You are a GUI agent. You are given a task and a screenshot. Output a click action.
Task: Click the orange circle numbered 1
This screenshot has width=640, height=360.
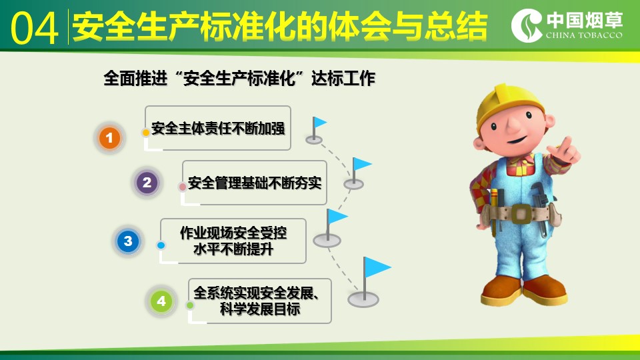pyautogui.click(x=109, y=137)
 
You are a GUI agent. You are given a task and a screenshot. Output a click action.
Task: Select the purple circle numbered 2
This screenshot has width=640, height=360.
pyautogui.click(x=147, y=182)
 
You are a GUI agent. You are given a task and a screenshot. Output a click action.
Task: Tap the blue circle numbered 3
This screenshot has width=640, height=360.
pyautogui.click(x=128, y=241)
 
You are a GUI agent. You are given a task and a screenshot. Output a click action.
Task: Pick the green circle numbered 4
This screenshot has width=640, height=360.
pyautogui.click(x=161, y=301)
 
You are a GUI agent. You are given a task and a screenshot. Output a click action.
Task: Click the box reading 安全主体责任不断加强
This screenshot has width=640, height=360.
pyautogui.click(x=218, y=128)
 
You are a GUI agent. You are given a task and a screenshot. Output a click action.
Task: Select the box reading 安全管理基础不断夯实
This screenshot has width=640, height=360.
pyautogui.click(x=254, y=183)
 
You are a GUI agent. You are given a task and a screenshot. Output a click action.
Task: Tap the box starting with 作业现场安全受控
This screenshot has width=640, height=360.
pyautogui.click(x=233, y=241)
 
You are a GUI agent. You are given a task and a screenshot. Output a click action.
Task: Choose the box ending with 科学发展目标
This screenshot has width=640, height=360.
pyautogui.click(x=259, y=301)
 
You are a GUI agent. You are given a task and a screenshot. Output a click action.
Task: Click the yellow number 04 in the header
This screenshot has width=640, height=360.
pyautogui.click(x=34, y=28)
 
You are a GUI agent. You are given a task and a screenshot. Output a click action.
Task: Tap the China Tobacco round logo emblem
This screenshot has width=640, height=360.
pyautogui.click(x=527, y=25)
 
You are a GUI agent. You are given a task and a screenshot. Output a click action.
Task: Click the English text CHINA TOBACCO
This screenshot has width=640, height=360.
pyautogui.click(x=584, y=35)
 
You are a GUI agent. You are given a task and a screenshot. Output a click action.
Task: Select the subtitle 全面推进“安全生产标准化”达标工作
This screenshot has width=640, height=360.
pyautogui.click(x=239, y=78)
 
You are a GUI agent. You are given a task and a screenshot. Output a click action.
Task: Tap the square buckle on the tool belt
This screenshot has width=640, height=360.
pyautogui.click(x=521, y=213)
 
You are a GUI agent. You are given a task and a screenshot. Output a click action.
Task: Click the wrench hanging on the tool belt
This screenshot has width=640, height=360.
pyautogui.click(x=539, y=208)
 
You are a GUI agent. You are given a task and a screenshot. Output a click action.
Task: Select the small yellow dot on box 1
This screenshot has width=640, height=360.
pyautogui.click(x=146, y=133)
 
